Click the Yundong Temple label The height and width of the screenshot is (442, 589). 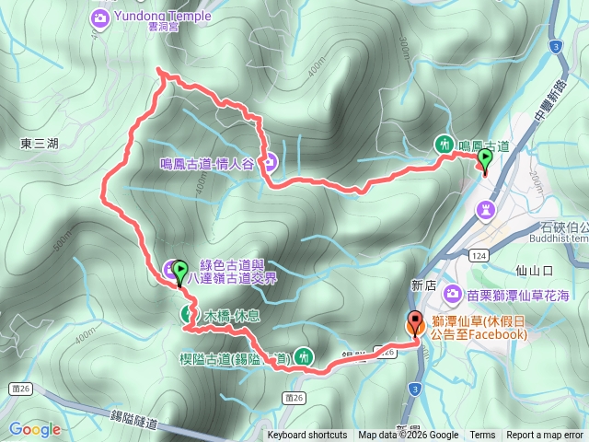pyautogui.click(x=164, y=16)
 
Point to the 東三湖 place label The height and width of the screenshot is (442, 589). pyautogui.click(x=39, y=143)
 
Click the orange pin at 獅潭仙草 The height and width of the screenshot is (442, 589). pyautogui.click(x=414, y=324)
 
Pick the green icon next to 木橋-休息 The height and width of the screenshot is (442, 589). pyautogui.click(x=186, y=315)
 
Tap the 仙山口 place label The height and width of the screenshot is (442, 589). pyautogui.click(x=535, y=271)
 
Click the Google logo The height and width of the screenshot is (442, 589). pyautogui.click(x=35, y=429)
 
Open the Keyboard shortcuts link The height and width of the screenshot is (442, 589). pyautogui.click(x=307, y=436)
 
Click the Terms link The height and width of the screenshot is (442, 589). pyautogui.click(x=482, y=436)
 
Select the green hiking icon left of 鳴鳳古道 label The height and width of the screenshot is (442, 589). pyautogui.click(x=445, y=144)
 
